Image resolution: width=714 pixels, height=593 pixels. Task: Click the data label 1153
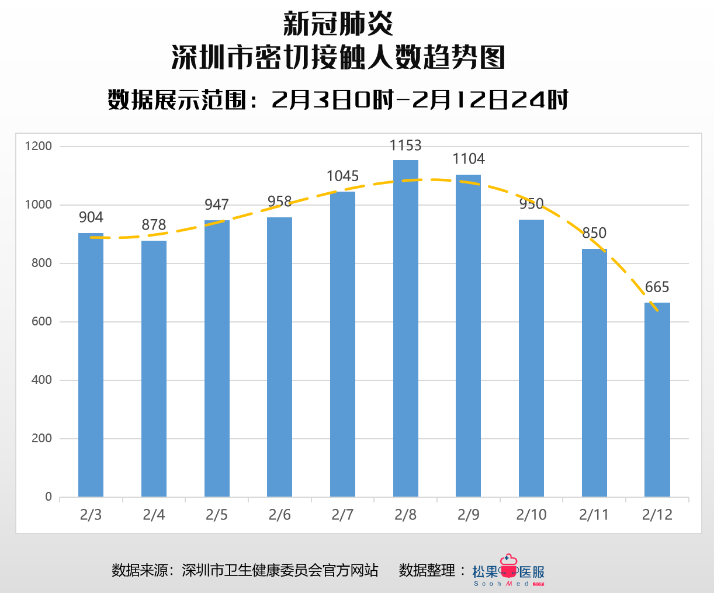pos(405,145)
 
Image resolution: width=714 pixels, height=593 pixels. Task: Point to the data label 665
pos(657,287)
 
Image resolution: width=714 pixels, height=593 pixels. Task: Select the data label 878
pos(154,225)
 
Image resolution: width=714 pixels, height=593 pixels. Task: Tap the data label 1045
pos(342,176)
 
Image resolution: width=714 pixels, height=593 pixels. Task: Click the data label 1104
pos(469,159)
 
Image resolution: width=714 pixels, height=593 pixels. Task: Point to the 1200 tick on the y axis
pos(39,146)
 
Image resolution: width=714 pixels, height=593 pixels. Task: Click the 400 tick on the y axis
pos(41,380)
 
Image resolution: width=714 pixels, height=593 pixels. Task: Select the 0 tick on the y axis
pos(48,497)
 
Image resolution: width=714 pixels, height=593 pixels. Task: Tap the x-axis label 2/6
pos(279,515)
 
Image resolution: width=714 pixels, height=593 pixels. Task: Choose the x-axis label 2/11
pos(594,515)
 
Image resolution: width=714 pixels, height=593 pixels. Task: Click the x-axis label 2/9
pos(469,515)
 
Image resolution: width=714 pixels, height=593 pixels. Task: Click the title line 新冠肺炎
pos(338,25)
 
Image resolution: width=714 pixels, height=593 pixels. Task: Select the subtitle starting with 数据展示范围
pos(338,100)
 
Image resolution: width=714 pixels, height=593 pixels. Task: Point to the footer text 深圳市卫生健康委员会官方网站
pos(280,570)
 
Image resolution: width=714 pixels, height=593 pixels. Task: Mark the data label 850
pos(594,233)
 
